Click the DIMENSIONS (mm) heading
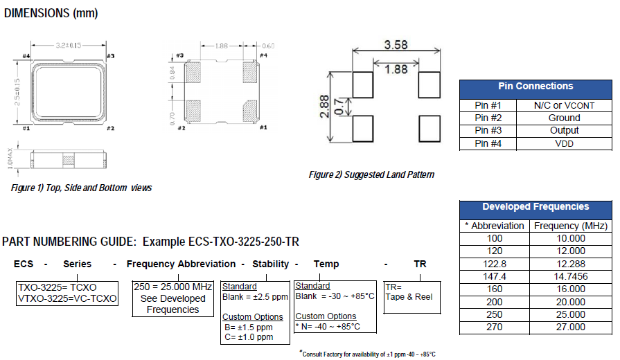pos(51,13)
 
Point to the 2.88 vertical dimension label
pos(325,107)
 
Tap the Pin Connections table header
pos(535,87)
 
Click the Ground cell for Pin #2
pos(564,118)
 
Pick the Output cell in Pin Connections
pos(564,131)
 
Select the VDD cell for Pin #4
pos(564,144)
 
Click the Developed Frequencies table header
pos(535,207)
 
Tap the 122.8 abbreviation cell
pos(495,264)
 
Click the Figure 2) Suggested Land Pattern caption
pos(371,174)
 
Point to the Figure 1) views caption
pos(82,188)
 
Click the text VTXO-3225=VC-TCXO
pos(67,298)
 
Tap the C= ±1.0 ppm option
pos(248,337)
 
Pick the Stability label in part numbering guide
pos(270,264)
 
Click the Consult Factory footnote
pos(368,354)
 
